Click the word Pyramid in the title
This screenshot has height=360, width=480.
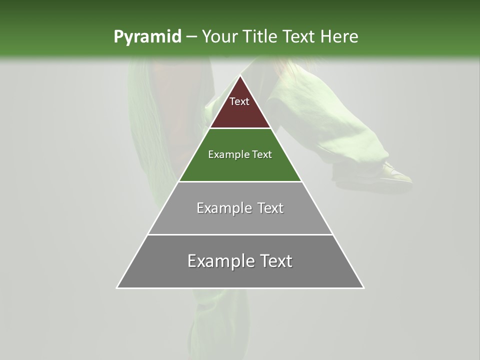pos(147,37)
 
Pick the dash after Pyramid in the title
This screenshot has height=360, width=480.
pos(191,37)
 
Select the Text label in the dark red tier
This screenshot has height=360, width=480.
pos(239,101)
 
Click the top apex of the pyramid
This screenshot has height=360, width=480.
pos(240,76)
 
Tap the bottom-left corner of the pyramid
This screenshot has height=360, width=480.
pos(117,288)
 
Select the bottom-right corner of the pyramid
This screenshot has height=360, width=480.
pos(363,288)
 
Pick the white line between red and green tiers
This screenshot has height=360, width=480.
pos(240,128)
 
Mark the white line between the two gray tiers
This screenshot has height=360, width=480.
pos(240,234)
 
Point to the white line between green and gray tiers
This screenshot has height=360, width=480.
pos(240,181)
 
